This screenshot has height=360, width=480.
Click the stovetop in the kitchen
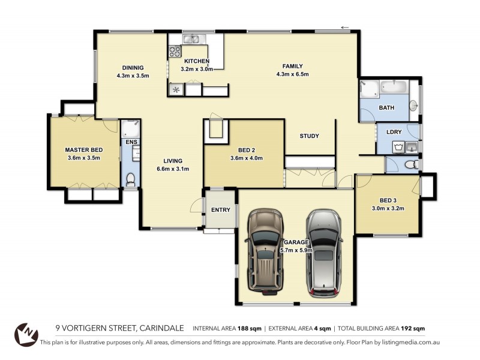(175, 52)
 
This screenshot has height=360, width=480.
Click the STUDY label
(309, 136)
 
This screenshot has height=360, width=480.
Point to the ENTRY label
(221, 209)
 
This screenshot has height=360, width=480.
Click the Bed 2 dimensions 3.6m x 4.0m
(247, 158)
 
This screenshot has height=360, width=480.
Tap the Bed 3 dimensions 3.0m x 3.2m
(388, 209)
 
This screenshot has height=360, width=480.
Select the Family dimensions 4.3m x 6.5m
(292, 74)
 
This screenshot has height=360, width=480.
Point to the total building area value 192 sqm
(413, 328)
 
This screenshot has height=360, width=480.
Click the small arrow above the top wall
(344, 27)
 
